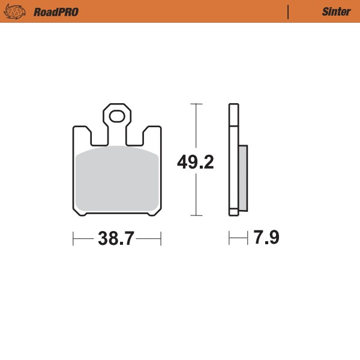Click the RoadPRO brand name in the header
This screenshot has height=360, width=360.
(x=56, y=11)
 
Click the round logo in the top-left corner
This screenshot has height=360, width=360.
(x=18, y=11)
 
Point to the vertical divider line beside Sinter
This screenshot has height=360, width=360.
(x=289, y=11)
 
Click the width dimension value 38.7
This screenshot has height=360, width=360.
(x=116, y=239)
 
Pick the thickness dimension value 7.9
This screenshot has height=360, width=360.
(x=266, y=238)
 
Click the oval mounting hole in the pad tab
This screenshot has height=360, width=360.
(x=117, y=115)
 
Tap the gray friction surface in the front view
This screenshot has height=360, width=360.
(x=117, y=180)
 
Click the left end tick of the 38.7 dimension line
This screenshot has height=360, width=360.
(x=73, y=239)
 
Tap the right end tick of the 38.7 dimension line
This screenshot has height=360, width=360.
(x=161, y=239)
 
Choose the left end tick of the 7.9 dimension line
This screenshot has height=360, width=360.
(x=229, y=239)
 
